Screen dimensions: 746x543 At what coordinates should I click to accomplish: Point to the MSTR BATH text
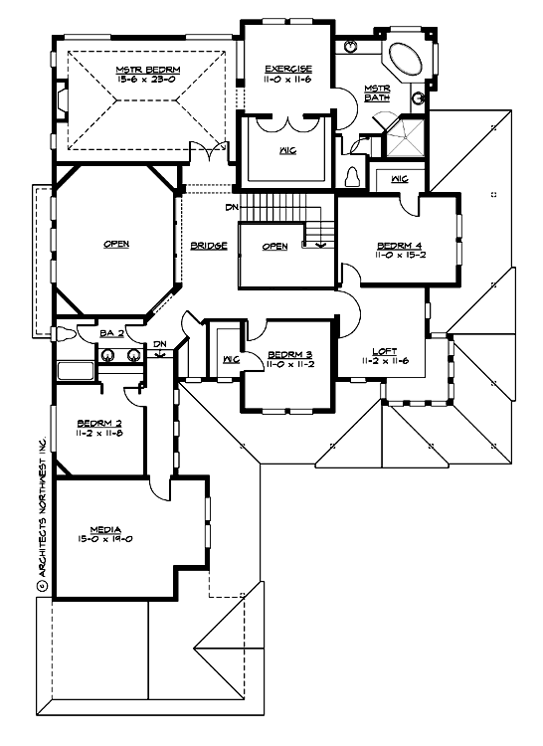(377, 93)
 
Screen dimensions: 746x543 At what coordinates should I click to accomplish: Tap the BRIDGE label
(209, 246)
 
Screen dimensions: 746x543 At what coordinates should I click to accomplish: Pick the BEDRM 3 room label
(291, 355)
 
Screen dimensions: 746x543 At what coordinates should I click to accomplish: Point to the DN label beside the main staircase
(231, 207)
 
